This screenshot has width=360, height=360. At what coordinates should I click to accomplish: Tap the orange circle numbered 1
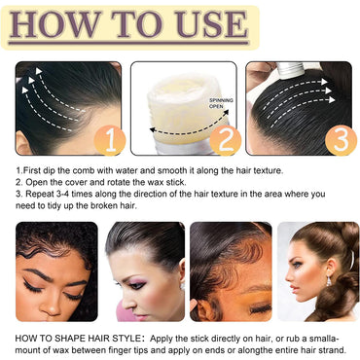(x=110, y=140)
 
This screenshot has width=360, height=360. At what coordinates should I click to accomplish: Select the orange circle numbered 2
(x=226, y=140)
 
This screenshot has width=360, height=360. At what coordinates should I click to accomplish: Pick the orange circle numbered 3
(x=341, y=140)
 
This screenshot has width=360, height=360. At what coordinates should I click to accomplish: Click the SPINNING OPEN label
(x=221, y=103)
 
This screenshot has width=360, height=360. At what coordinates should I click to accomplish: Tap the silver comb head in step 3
(x=290, y=71)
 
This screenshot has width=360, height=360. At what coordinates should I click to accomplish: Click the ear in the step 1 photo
(x=22, y=142)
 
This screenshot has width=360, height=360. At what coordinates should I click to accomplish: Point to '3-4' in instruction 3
(x=61, y=194)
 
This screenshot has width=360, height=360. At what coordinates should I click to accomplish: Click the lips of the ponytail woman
(x=294, y=289)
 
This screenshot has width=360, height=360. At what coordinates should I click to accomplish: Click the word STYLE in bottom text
(x=126, y=339)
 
